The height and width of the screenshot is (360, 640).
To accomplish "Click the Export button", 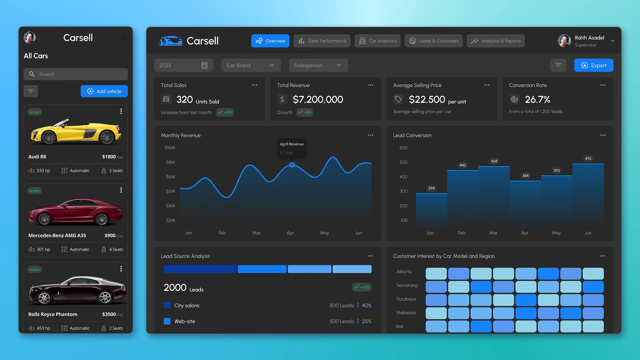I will point(593,65).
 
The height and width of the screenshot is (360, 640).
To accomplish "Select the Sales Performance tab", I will point(322,41).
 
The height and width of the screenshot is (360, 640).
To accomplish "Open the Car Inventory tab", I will point(377,41).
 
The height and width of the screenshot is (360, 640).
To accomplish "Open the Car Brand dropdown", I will point(251,65).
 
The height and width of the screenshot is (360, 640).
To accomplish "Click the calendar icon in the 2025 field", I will point(204,65).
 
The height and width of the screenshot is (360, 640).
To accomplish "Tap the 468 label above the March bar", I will point(494,161).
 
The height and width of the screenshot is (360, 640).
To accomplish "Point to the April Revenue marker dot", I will point(292,165).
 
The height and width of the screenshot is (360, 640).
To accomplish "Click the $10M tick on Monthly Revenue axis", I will point(170,148).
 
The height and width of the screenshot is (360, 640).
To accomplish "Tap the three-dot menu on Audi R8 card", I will point(121,111).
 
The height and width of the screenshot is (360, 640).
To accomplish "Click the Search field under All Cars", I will point(76,74).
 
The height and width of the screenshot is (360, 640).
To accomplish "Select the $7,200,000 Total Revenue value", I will point(318,99).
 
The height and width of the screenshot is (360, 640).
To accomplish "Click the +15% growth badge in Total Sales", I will point(225,113).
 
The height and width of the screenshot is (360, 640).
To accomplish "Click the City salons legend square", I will point(167,305).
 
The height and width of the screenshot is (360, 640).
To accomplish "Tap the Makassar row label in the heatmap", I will point(406,313).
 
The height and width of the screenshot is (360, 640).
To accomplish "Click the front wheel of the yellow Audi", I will point(49,138).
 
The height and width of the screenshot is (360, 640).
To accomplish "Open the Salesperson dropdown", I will point(318,65).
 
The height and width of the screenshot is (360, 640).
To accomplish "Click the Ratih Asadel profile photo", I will point(564,41).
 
